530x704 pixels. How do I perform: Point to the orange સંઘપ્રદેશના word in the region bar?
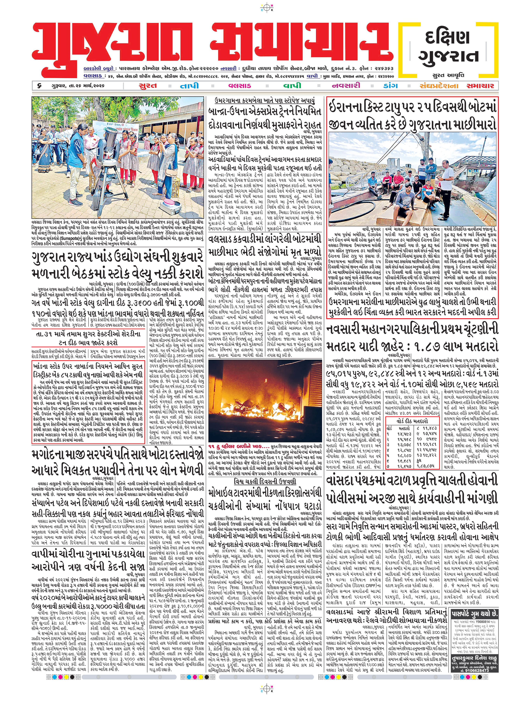tap(439, 86)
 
